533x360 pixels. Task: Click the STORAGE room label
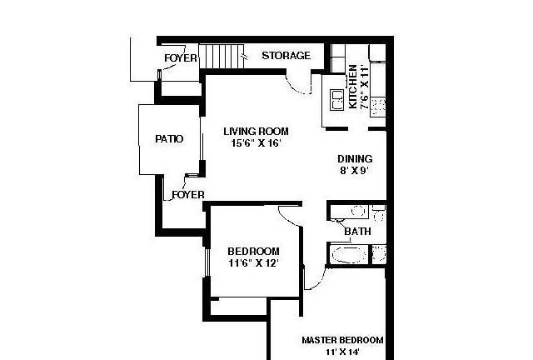click(x=286, y=56)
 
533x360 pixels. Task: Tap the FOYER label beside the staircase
click(x=181, y=58)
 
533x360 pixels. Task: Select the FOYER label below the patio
click(x=188, y=195)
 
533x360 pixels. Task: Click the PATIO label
click(x=169, y=139)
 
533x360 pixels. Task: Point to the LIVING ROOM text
click(x=256, y=132)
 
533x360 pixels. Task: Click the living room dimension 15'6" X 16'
click(x=256, y=142)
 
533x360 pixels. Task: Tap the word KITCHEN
click(x=353, y=87)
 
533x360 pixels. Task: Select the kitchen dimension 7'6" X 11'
click(x=365, y=87)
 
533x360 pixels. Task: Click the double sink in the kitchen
click(x=337, y=100)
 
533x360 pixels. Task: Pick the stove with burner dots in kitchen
click(x=378, y=107)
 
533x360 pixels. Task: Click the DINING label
click(x=355, y=159)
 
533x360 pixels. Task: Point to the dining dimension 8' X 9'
click(x=355, y=170)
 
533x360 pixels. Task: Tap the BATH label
click(x=357, y=232)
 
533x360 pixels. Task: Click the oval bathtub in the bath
click(x=350, y=254)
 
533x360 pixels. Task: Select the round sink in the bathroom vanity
click(x=357, y=212)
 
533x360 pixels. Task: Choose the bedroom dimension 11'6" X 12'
click(x=253, y=263)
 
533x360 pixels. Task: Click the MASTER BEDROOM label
click(x=342, y=340)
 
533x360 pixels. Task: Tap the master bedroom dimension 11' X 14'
click(x=342, y=352)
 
